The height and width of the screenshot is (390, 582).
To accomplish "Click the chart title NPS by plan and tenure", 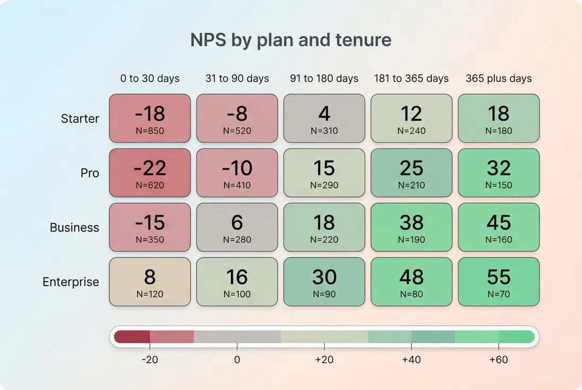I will pos(290,40).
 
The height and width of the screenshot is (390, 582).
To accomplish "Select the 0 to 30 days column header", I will pos(150,79).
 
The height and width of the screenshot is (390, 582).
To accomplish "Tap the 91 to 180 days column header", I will pos(324,79).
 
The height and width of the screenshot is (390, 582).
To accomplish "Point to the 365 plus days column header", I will pos(499,79).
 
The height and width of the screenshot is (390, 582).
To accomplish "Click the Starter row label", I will pos(80,119).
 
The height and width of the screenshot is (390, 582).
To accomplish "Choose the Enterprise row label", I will pos(71,282).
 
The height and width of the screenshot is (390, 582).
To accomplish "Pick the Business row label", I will pos(74,228).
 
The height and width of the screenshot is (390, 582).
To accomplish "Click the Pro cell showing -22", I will pos(150,173).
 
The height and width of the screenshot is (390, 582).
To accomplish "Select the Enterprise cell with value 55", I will pos(499,282).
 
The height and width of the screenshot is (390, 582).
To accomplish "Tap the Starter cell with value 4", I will pos(324,118).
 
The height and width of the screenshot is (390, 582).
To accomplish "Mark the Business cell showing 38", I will pos(412,227).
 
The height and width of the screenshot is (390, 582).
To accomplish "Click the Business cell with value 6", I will pos(237,227).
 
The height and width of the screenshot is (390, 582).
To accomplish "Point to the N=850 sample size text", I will pos(150,131).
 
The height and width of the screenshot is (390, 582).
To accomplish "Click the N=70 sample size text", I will pos(499,294).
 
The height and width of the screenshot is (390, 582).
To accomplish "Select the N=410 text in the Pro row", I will pos(237,186).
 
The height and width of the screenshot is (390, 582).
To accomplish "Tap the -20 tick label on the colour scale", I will pos(150,360).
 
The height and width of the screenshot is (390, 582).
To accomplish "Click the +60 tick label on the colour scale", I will pos(498,360).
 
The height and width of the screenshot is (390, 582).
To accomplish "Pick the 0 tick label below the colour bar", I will pos(237,360).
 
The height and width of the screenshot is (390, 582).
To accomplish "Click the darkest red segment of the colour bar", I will pos(132,337).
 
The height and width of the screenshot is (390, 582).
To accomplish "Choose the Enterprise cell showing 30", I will pos(324,282).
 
